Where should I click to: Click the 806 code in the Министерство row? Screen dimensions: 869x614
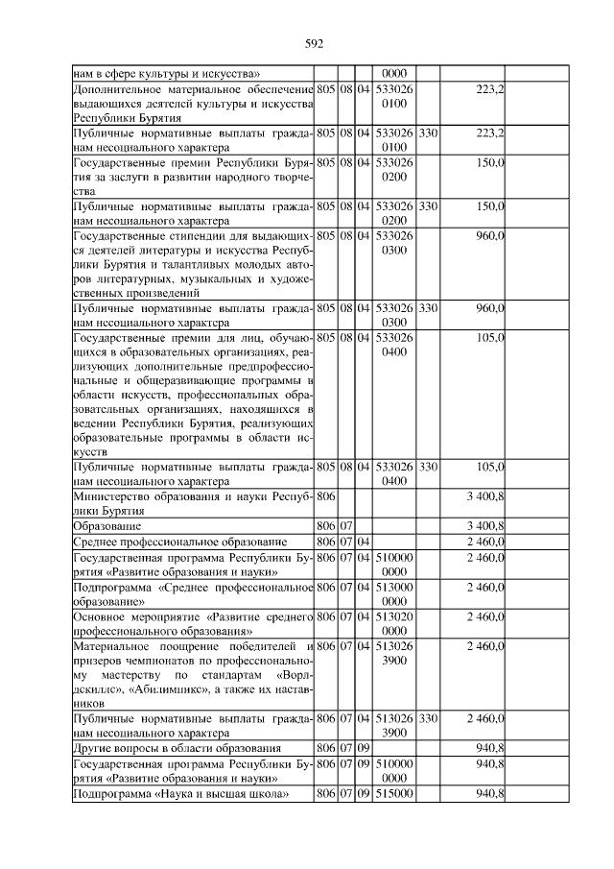pos(325,496)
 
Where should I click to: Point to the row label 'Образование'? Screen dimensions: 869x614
pos(108,526)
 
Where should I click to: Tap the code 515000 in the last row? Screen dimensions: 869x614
pos(395,792)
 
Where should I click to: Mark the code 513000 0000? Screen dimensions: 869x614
pos(395,593)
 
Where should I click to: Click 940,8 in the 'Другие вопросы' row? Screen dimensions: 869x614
pos(488,746)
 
